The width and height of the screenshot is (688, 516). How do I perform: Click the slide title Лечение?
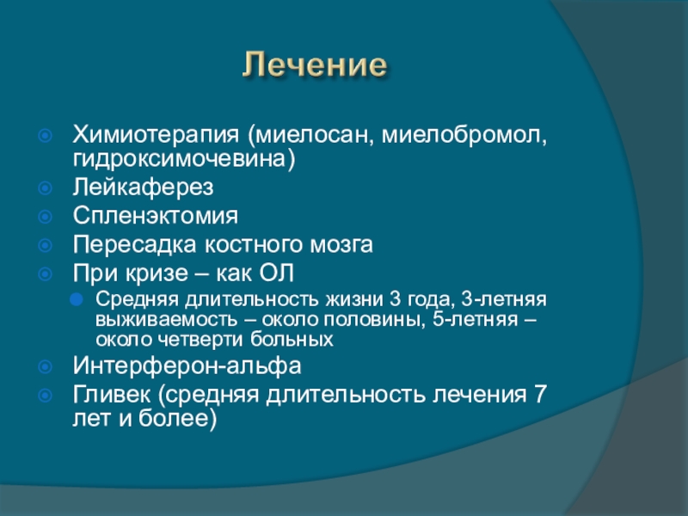point(315,65)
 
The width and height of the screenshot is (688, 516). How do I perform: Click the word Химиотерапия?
point(157,135)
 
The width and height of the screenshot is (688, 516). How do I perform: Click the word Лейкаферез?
point(143,187)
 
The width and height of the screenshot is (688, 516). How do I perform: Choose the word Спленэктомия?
point(156,216)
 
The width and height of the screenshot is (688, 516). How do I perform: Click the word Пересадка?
point(134,244)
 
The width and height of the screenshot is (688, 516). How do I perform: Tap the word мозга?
point(341,245)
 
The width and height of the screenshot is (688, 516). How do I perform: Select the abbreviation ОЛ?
point(276,273)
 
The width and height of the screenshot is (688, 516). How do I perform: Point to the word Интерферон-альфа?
point(187,366)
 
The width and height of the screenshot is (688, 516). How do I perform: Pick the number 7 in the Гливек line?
point(540,394)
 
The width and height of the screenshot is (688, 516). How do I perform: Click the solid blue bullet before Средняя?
point(77,300)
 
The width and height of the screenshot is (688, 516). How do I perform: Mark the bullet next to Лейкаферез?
point(46,188)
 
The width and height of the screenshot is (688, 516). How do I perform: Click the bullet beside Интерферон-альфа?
point(46,367)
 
